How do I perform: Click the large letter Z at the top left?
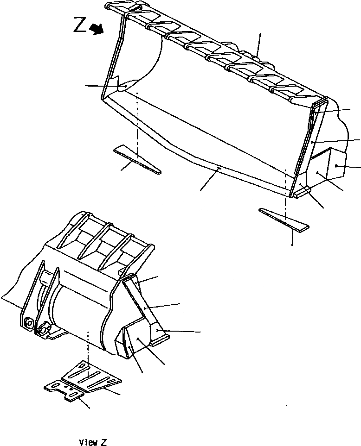[x=80, y=26]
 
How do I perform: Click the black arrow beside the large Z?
[x=97, y=29]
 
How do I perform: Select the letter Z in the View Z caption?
[x=104, y=442]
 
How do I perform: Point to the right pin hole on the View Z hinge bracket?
[x=45, y=329]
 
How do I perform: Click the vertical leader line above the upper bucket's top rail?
[x=258, y=44]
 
